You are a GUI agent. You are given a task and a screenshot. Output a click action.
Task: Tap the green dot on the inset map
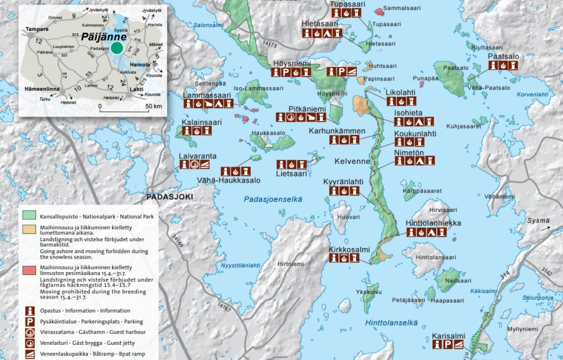117,48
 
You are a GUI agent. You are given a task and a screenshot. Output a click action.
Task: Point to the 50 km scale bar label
153,106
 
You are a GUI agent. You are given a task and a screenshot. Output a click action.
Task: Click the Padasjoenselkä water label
273,199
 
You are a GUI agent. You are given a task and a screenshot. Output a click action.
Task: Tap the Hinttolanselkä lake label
391,323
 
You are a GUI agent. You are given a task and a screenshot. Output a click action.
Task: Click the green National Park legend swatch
29,216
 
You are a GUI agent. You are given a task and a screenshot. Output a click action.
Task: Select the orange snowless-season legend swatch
29,230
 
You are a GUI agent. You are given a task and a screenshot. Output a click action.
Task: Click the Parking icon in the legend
29,322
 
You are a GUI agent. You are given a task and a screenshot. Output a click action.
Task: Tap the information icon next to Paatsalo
493,66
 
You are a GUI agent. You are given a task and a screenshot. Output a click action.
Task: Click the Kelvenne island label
352,161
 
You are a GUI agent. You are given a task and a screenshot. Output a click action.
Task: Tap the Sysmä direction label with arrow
538,221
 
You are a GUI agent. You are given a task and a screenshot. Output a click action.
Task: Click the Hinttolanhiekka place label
434,223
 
